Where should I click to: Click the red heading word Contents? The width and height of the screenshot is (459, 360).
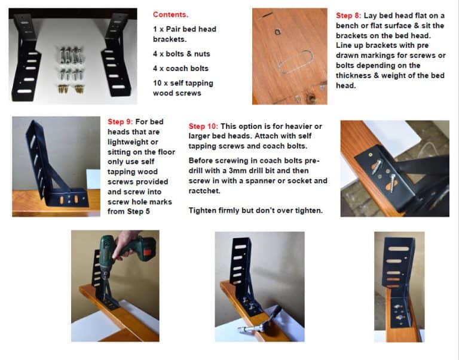170,14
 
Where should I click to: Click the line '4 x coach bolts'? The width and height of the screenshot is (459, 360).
179,69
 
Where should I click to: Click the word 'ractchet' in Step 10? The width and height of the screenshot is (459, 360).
206,191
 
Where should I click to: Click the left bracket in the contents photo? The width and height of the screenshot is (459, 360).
27,57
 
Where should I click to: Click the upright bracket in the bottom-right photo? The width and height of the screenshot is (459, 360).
398,275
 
